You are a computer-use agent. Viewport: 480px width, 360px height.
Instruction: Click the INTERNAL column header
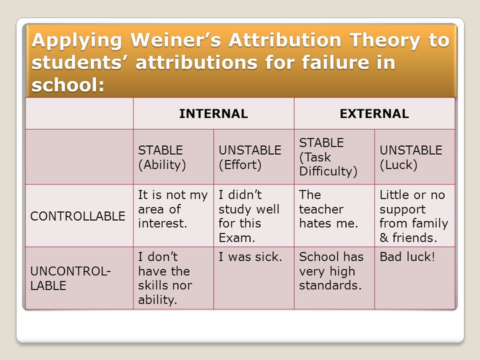point(213,113)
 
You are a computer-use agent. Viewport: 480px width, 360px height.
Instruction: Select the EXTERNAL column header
point(374,113)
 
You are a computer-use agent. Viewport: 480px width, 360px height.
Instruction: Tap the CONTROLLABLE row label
point(78,216)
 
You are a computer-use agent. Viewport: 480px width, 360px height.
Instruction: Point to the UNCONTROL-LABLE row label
point(71,278)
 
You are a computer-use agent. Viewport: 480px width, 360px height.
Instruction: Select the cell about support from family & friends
point(414,216)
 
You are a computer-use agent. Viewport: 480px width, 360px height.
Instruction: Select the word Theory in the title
point(385,41)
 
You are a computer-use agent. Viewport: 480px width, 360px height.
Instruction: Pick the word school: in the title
point(68,85)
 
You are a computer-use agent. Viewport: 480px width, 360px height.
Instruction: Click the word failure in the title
point(335,63)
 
